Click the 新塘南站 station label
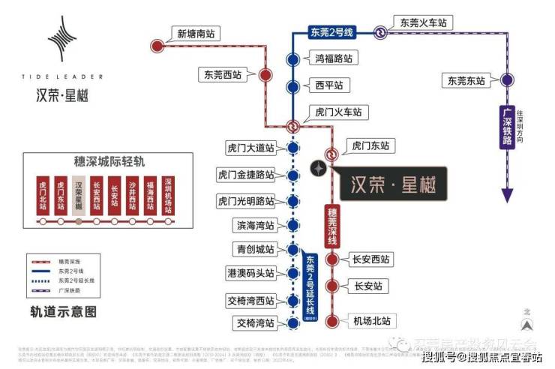(196, 33)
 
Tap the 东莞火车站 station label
(423, 23)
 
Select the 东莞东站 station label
(466, 79)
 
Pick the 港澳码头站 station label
(250, 273)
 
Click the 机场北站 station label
(372, 321)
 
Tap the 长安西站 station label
(371, 259)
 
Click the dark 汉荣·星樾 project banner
(393, 182)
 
